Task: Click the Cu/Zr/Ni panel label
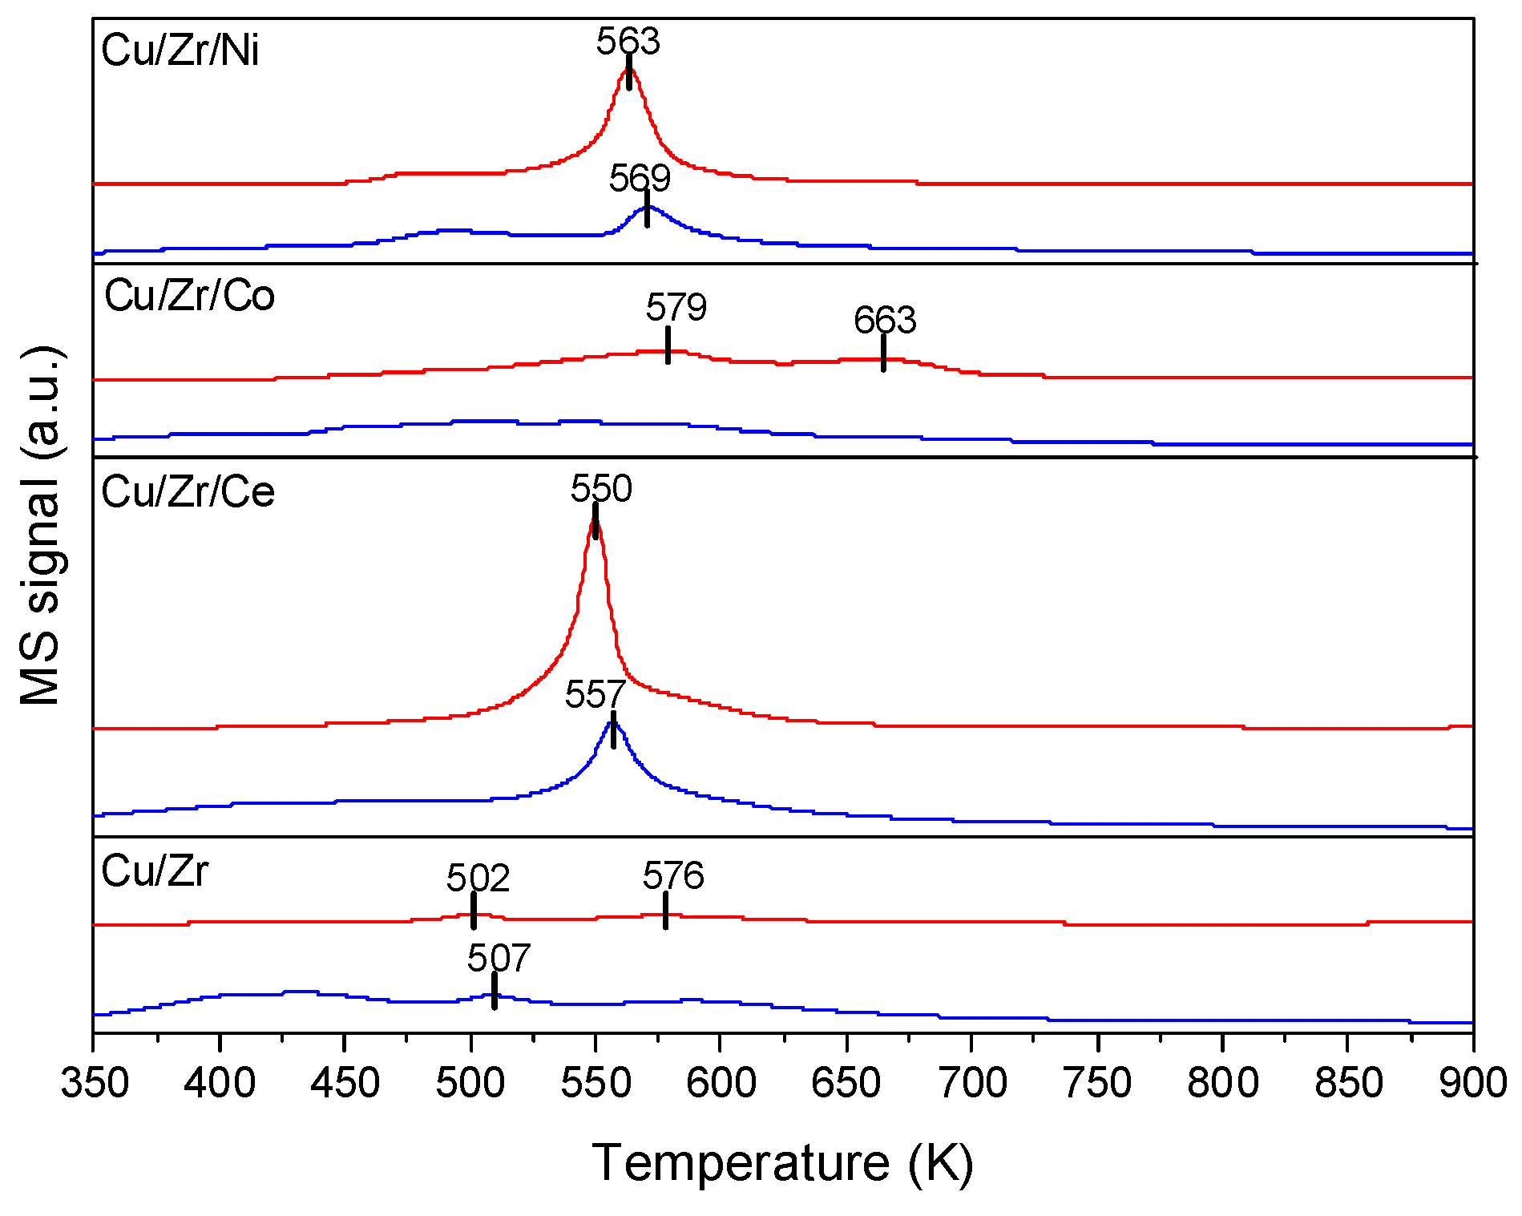[180, 50]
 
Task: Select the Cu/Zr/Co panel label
[190, 296]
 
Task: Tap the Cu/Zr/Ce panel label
[188, 491]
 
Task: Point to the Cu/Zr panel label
[155, 871]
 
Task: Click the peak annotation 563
[628, 42]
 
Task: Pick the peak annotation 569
[640, 178]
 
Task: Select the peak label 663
[885, 321]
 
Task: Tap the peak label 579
[676, 307]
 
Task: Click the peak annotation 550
[601, 488]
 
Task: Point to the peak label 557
[595, 694]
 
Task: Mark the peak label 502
[478, 879]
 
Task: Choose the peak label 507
[499, 958]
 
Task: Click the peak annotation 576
[673, 875]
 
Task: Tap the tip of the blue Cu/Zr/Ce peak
[613, 721]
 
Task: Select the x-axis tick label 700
[971, 1084]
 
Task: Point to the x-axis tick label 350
[95, 1084]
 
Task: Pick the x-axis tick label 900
[1473, 1084]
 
